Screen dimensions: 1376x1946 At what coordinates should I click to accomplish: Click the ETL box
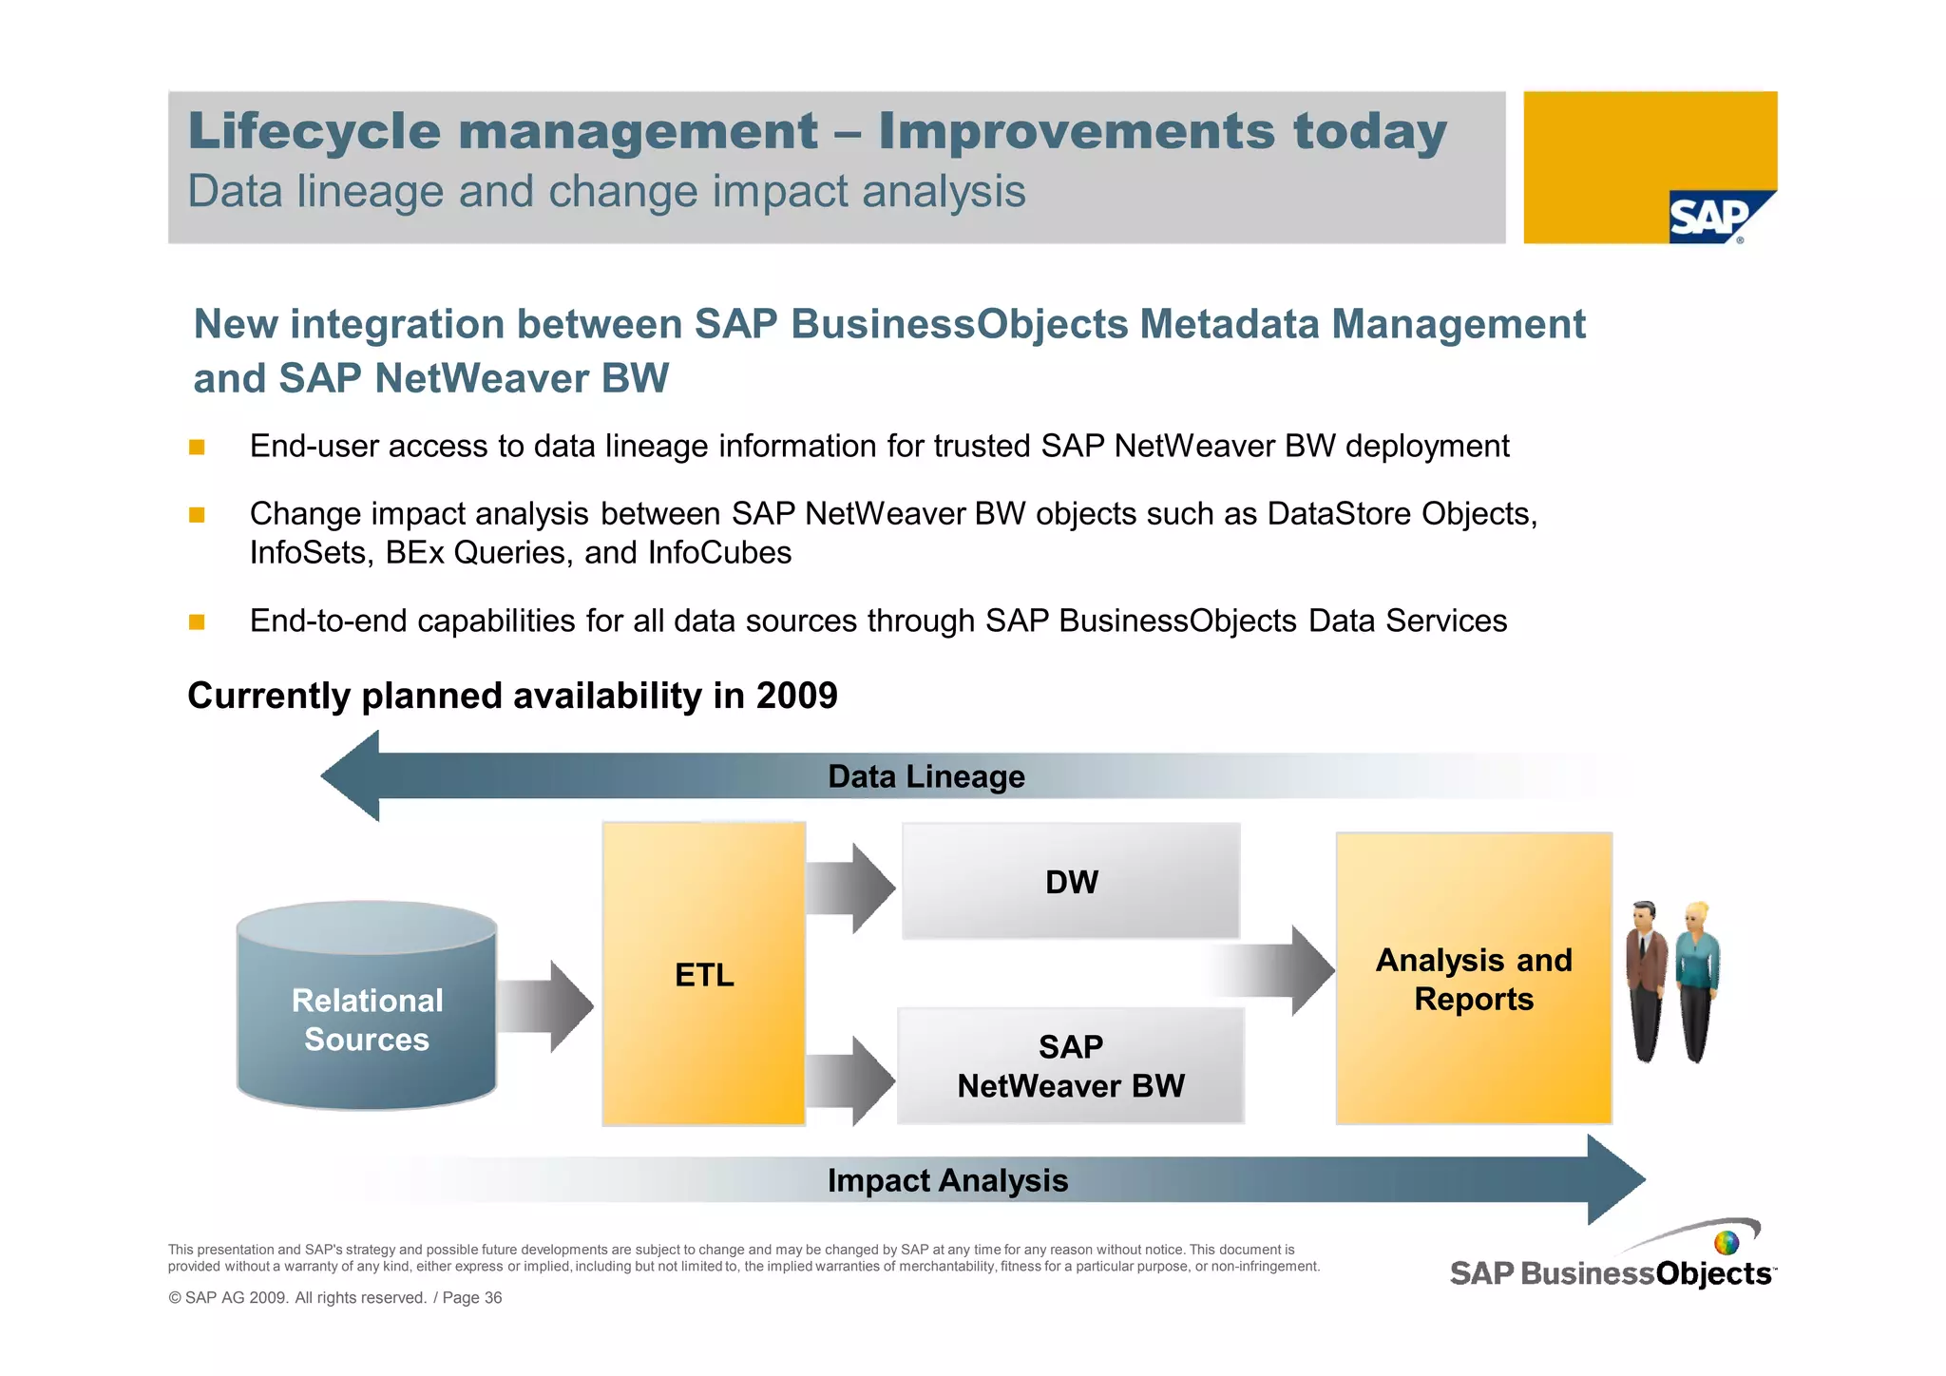pyautogui.click(x=704, y=974)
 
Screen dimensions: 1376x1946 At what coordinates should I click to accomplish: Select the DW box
pyautogui.click(x=1071, y=881)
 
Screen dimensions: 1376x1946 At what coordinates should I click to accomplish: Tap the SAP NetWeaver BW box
pyautogui.click(x=1071, y=1065)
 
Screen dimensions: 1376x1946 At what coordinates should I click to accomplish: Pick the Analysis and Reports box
pyautogui.click(x=1473, y=979)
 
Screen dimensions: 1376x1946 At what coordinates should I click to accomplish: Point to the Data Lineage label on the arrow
pyautogui.click(x=926, y=776)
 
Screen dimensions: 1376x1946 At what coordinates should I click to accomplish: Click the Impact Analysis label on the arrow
pyautogui.click(x=947, y=1180)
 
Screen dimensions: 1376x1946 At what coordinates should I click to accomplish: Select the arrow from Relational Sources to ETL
pyautogui.click(x=545, y=1006)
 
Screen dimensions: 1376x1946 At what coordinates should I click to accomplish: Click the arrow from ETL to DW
pyautogui.click(x=850, y=888)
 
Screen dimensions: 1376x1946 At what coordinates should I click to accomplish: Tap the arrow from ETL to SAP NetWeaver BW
pyautogui.click(x=850, y=1080)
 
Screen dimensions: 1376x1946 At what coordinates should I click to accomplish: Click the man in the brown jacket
pyautogui.click(x=1646, y=979)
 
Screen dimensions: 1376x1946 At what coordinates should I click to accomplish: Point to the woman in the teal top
pyautogui.click(x=1697, y=979)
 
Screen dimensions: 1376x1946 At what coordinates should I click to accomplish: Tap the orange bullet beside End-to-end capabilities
pyautogui.click(x=197, y=621)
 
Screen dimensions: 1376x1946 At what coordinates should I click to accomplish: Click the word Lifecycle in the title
pyautogui.click(x=315, y=131)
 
